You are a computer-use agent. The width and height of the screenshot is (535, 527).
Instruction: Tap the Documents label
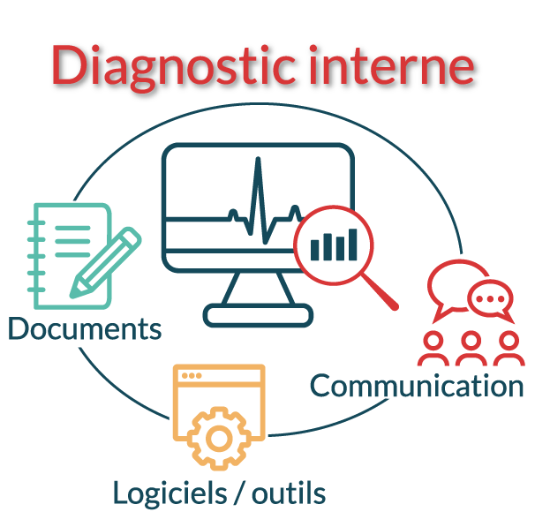(84, 329)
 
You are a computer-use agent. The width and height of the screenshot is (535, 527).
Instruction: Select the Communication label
(417, 386)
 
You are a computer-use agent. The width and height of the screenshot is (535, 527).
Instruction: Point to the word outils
(289, 493)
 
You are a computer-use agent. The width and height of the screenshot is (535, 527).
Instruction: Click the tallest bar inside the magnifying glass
(352, 245)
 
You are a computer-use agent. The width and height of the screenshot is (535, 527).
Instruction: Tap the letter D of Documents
(19, 329)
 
